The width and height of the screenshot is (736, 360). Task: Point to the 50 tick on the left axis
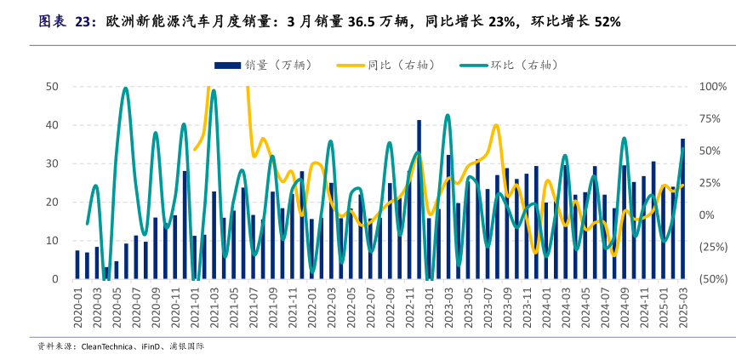pyautogui.click(x=52, y=87)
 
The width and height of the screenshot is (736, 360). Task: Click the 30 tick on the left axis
pyautogui.click(x=52, y=163)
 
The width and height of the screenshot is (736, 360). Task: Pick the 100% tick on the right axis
pyautogui.click(x=712, y=87)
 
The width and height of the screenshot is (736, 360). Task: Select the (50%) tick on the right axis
pyautogui.click(x=712, y=279)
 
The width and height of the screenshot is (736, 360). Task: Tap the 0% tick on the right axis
pyautogui.click(x=707, y=215)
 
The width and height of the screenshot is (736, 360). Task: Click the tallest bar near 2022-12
pyautogui.click(x=419, y=200)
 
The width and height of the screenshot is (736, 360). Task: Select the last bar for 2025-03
pyautogui.click(x=682, y=209)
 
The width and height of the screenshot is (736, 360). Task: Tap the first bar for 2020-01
pyautogui.click(x=77, y=265)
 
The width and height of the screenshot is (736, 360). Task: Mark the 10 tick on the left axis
pyautogui.click(x=52, y=241)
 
